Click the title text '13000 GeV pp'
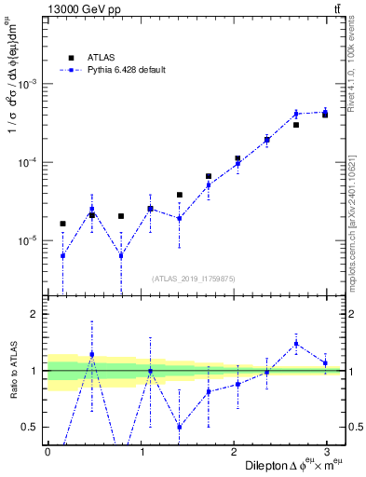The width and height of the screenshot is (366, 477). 79,10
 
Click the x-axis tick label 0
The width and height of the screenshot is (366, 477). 47,451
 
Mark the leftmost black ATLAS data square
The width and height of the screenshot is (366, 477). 62,224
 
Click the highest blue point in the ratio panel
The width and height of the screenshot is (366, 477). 296,344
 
